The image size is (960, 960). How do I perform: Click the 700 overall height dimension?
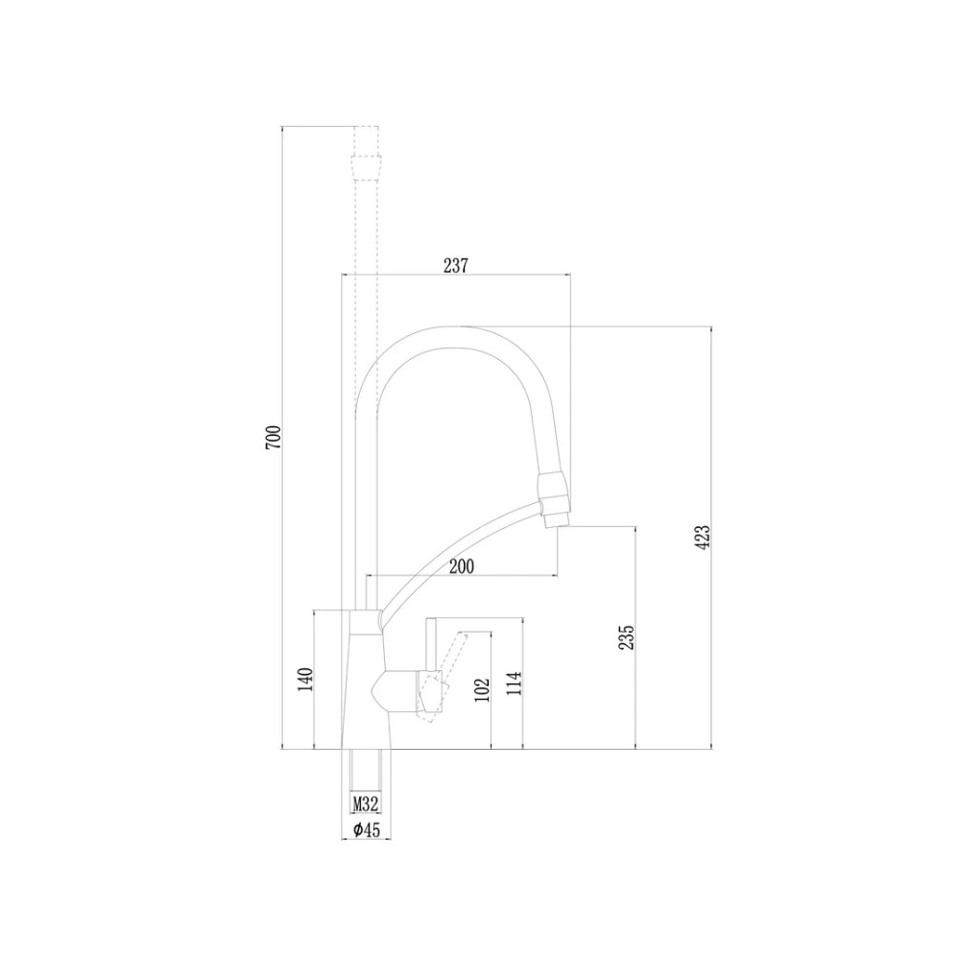coord(274,438)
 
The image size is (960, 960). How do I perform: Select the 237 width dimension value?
coord(455,266)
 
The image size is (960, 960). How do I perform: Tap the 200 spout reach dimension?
coord(461,567)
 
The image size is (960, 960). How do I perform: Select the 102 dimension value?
coord(483,689)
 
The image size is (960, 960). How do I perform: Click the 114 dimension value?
coord(514,684)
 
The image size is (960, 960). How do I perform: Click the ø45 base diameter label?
coord(365,829)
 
